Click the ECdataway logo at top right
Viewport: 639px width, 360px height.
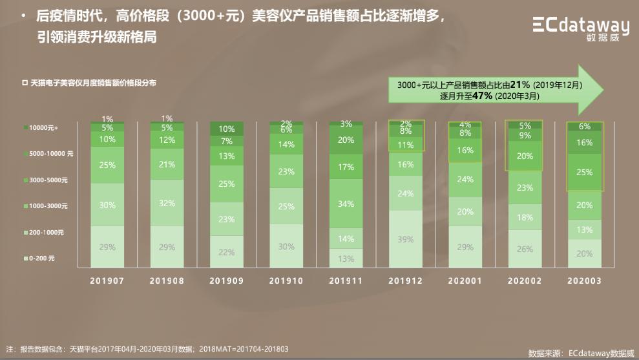[580, 28]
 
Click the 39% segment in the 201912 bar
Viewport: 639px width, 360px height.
[405, 239]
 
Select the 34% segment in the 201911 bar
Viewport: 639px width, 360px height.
[346, 204]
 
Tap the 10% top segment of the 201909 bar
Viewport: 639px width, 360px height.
[227, 129]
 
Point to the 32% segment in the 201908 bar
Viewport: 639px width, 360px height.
[167, 203]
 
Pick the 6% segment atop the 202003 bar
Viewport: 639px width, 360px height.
[584, 127]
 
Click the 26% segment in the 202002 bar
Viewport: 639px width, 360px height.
[525, 249]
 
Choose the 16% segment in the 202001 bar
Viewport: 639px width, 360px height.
[465, 150]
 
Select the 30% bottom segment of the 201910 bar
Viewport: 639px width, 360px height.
[286, 246]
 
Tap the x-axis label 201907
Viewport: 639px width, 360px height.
[107, 281]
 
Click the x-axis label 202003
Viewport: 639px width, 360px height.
[584, 281]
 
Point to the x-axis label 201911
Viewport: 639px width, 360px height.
[346, 281]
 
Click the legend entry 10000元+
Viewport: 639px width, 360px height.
[43, 128]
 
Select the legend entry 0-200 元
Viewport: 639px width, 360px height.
[42, 259]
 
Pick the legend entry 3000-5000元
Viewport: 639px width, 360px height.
[47, 180]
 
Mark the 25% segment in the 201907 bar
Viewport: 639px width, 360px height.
[107, 165]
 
